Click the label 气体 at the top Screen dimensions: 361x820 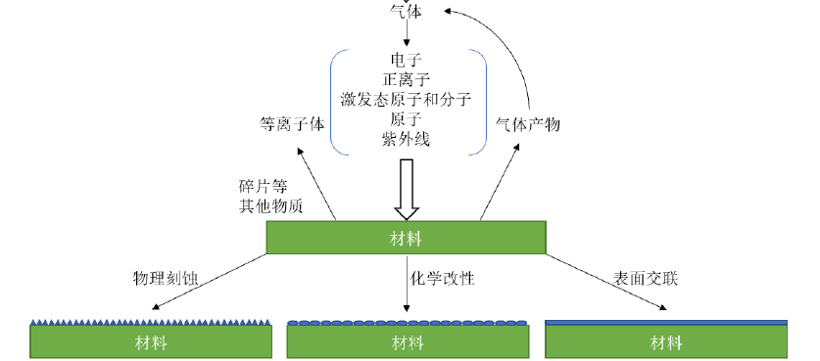click(x=406, y=10)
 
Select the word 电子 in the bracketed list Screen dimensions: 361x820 click(x=406, y=61)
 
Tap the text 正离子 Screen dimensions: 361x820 click(x=406, y=80)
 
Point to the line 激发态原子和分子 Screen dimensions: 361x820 click(x=406, y=100)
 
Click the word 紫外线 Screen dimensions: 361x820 click(x=406, y=139)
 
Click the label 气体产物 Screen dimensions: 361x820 click(x=528, y=124)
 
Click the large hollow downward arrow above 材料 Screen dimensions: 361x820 click(x=406, y=191)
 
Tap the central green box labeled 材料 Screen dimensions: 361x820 click(x=406, y=238)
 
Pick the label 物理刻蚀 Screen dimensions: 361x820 click(x=166, y=278)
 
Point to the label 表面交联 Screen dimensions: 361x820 click(x=647, y=278)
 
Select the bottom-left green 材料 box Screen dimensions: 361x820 click(x=152, y=341)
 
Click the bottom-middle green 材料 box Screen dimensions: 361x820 click(x=408, y=341)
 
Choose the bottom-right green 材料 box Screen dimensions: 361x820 click(x=666, y=341)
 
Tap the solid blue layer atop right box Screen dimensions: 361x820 click(x=666, y=321)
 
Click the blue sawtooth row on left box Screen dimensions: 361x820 click(x=152, y=321)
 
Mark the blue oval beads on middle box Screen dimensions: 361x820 click(x=408, y=322)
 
